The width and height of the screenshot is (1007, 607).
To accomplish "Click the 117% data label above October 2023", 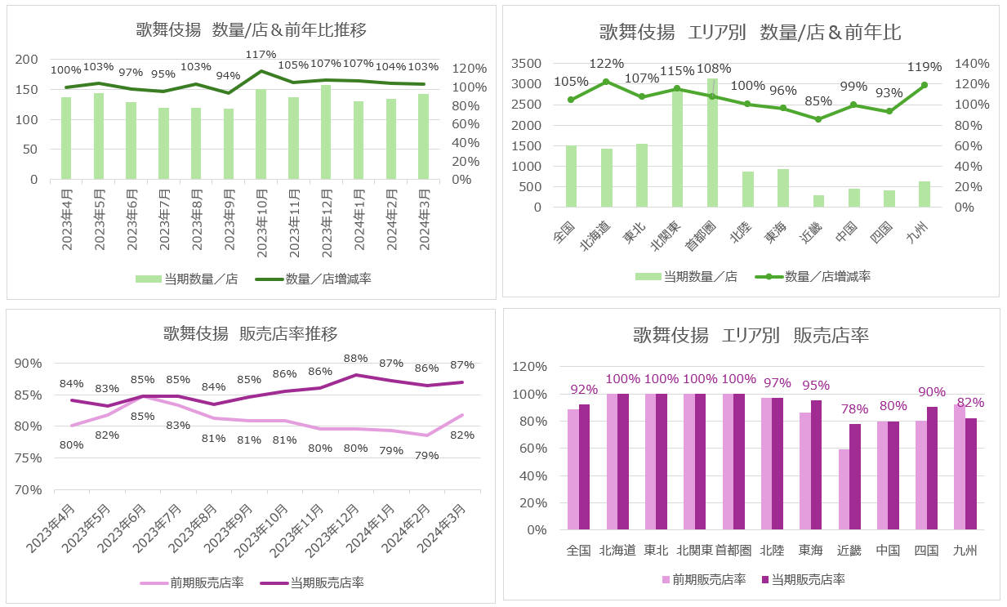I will [x=261, y=55].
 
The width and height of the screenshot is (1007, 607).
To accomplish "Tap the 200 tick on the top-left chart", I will [x=28, y=60].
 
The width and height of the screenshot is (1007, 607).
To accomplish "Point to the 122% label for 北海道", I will [x=606, y=63].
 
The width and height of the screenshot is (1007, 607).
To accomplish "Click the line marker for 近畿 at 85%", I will [x=818, y=119].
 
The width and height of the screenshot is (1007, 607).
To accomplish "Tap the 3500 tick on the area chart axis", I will [x=526, y=63].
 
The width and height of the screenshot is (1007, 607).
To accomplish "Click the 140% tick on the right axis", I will [x=972, y=63].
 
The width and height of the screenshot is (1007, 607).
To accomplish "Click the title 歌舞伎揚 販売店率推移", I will [x=250, y=333].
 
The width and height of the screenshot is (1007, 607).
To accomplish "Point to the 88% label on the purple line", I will [x=355, y=359].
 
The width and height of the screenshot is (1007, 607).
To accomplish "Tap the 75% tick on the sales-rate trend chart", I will [x=29, y=457].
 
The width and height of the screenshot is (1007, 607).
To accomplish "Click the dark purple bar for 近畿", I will [x=855, y=476].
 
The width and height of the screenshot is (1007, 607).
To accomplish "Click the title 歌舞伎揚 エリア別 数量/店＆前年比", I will [x=750, y=32].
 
